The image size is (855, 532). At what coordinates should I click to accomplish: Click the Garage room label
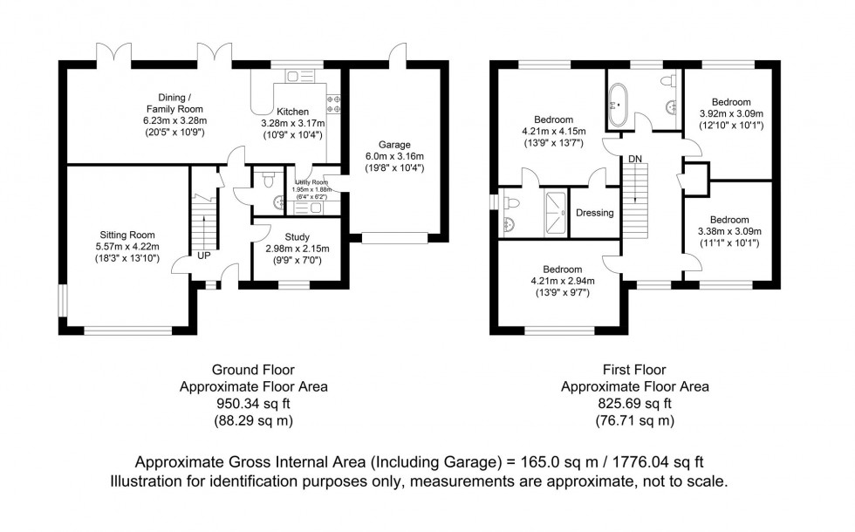[x=394, y=145]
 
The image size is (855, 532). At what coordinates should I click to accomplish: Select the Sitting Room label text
[x=127, y=234]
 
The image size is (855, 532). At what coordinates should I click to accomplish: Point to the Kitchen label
[x=292, y=112]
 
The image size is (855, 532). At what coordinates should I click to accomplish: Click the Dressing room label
[x=595, y=213]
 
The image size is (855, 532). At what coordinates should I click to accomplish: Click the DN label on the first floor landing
[x=634, y=159]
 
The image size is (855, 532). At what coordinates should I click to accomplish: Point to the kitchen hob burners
[x=333, y=104]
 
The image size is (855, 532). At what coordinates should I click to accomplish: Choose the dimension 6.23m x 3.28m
[x=174, y=121]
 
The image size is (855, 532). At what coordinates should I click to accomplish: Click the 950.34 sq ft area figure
[x=253, y=404]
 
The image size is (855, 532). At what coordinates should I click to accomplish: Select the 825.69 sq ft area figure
[x=634, y=404]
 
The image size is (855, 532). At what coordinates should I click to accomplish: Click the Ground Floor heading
[x=253, y=369]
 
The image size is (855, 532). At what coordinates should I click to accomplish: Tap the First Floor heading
[x=634, y=369]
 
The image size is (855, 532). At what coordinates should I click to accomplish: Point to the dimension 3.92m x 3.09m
[x=730, y=113]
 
